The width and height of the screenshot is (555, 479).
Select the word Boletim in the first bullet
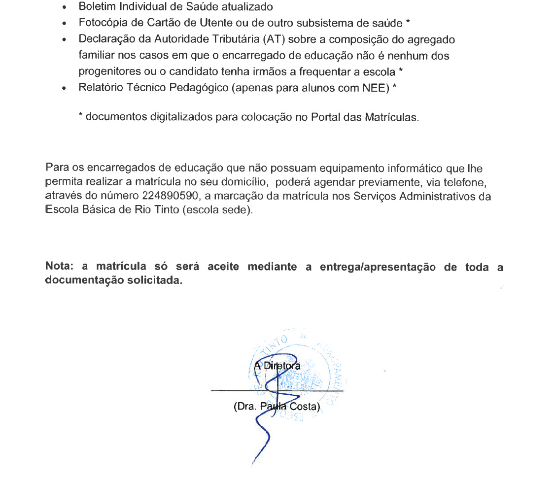click(x=95, y=7)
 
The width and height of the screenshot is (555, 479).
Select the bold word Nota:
click(x=60, y=267)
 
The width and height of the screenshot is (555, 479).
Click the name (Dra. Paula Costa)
click(x=277, y=408)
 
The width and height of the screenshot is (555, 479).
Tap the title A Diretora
click(x=277, y=366)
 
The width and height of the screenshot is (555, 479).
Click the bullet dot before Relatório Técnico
click(x=65, y=89)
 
